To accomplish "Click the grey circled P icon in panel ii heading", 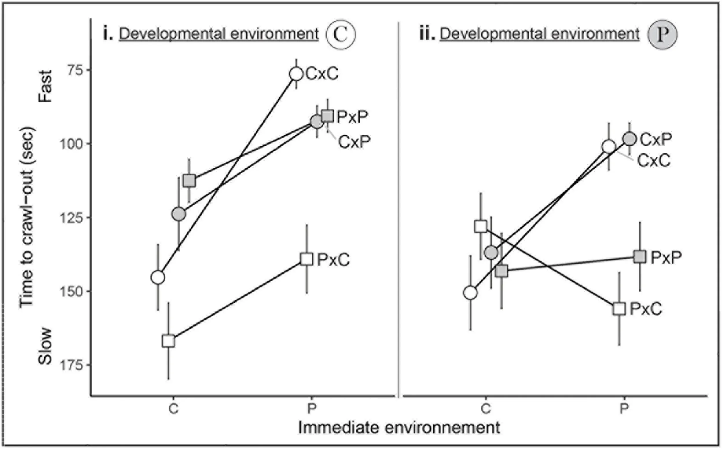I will (x=663, y=35).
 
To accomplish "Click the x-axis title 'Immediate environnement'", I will (x=399, y=428).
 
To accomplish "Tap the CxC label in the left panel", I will (x=322, y=74).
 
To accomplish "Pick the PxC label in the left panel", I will (x=334, y=260).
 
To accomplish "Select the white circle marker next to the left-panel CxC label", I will (x=296, y=74).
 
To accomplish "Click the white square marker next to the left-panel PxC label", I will (x=306, y=259).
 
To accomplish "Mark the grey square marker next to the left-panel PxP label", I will (x=327, y=116).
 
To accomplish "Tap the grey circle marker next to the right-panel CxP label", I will (x=629, y=139).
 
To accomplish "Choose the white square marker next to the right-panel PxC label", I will (x=619, y=309).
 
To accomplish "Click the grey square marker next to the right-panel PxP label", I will (x=640, y=257).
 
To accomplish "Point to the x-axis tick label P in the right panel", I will (x=624, y=409).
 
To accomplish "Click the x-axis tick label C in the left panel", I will (x=173, y=409).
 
